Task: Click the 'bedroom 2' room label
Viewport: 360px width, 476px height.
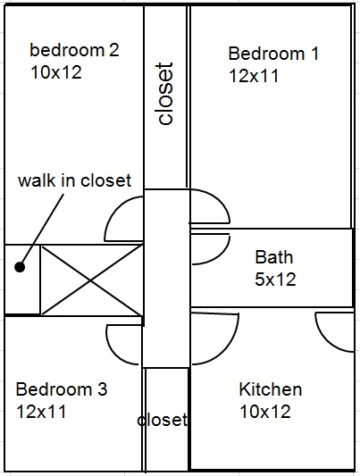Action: [x=74, y=50]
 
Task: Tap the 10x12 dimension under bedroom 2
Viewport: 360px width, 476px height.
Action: [x=56, y=72]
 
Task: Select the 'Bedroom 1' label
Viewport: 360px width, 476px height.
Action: [x=273, y=54]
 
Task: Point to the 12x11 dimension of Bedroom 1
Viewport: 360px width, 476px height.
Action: [x=254, y=76]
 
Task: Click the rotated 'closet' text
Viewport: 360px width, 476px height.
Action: [x=165, y=94]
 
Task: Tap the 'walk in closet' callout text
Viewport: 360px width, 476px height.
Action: [x=74, y=180]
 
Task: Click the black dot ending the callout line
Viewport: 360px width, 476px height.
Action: [x=20, y=267]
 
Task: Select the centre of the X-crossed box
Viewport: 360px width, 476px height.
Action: [x=91, y=280]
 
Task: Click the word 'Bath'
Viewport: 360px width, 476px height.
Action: [x=273, y=257]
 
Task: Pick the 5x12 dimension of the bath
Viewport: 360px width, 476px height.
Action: [x=275, y=280]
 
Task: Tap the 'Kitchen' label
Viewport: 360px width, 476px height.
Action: [x=271, y=389]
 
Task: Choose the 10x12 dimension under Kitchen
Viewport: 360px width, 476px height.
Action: [x=265, y=412]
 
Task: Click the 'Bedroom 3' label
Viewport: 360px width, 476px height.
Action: [x=62, y=389]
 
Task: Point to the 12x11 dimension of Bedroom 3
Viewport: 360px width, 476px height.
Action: [x=41, y=412]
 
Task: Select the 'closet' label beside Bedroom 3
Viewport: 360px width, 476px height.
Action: [x=162, y=420]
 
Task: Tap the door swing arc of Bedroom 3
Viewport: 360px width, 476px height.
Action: [x=114, y=351]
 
